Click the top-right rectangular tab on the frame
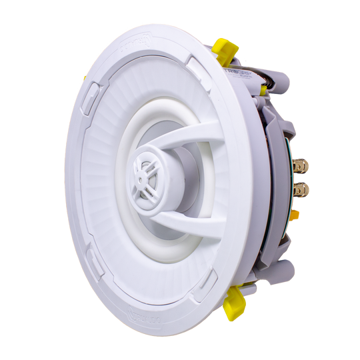[198, 64]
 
